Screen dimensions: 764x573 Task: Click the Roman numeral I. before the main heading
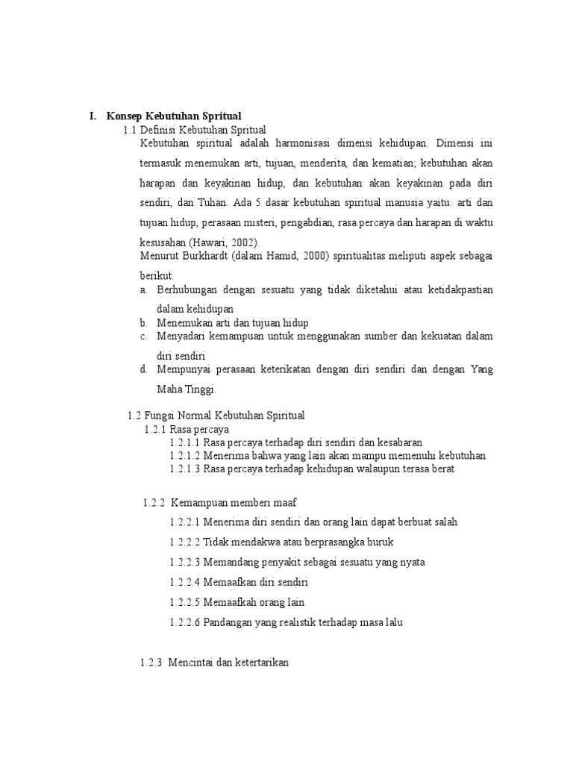[x=93, y=116]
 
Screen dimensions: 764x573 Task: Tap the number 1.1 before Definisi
[x=129, y=130]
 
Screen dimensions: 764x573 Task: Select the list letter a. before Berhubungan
[x=143, y=289]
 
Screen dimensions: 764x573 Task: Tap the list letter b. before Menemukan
[x=143, y=322]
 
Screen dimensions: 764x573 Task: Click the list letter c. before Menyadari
[x=143, y=336]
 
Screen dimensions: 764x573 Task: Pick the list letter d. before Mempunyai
[x=143, y=369]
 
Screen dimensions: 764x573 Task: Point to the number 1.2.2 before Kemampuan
[x=153, y=503]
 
